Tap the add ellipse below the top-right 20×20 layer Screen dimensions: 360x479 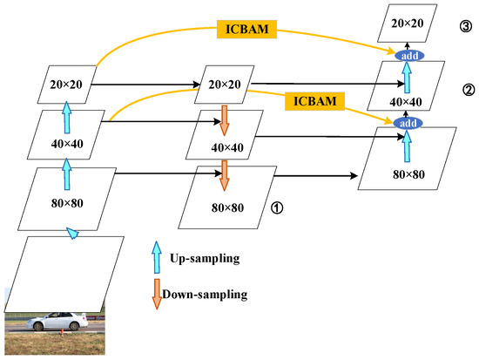pyautogui.click(x=405, y=55)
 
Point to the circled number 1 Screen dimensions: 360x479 pyautogui.click(x=277, y=209)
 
